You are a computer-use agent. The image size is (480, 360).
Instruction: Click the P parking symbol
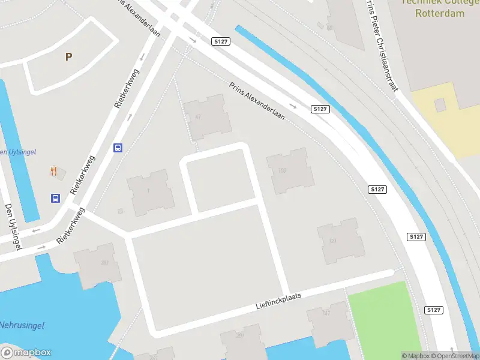(x=68, y=57)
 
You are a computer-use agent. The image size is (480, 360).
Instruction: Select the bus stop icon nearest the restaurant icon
(x=55, y=198)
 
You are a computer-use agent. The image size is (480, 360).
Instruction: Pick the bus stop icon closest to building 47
(x=118, y=148)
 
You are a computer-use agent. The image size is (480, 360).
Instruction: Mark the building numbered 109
(x=290, y=171)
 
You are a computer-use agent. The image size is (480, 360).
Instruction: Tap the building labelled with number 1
(x=150, y=192)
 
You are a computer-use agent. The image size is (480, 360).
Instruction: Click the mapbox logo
(x=26, y=353)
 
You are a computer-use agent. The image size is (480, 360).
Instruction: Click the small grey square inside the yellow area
(x=440, y=105)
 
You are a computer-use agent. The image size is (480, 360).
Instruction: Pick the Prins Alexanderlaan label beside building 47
(x=256, y=100)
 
